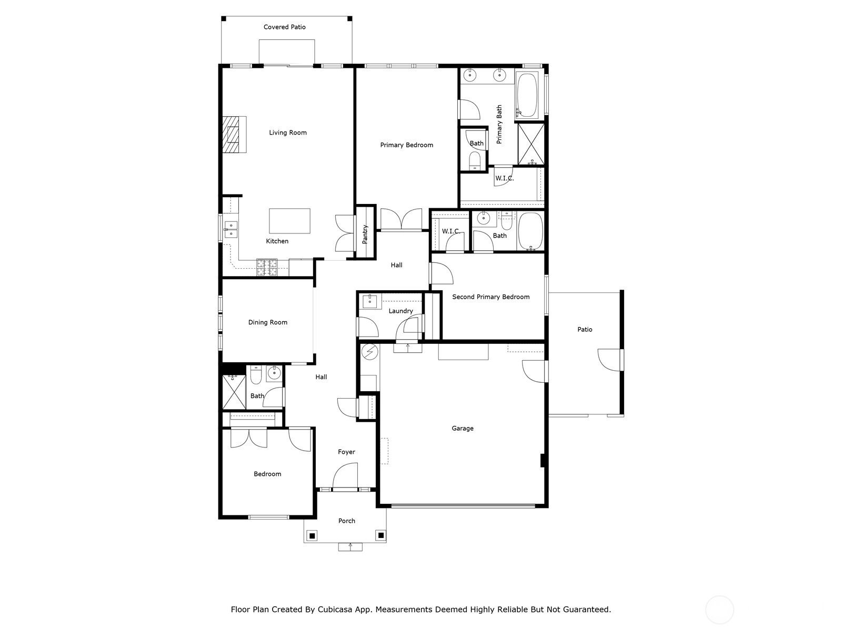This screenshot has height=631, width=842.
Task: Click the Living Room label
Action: coord(288,133)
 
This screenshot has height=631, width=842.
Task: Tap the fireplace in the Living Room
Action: coord(234,135)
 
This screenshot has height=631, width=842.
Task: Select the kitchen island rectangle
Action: coord(289,221)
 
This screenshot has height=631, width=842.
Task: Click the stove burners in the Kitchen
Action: coord(267,268)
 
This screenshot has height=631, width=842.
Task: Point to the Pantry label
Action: coord(365,234)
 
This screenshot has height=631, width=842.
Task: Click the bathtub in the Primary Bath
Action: coord(527,95)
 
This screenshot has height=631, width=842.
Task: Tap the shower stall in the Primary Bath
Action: coord(532,144)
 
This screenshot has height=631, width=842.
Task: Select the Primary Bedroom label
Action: coord(407,145)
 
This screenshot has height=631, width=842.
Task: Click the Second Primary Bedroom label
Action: coord(490,297)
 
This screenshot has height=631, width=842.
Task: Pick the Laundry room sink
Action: coord(370,301)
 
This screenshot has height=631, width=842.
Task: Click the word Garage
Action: coord(462,429)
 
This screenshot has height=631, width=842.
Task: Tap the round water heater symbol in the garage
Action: coord(370,352)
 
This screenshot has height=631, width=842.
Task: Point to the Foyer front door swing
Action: coord(345,476)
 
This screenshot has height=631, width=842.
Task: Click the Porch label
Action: coord(346,521)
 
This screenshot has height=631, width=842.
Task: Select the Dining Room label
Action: coord(268,322)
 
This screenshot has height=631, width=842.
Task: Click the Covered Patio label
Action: coord(285,27)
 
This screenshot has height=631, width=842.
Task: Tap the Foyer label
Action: coord(346,452)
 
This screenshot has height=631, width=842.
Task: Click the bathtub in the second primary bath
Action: coord(531,231)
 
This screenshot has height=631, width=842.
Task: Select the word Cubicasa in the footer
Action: coord(333,609)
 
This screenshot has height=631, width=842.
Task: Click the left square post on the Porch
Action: coord(313,535)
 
